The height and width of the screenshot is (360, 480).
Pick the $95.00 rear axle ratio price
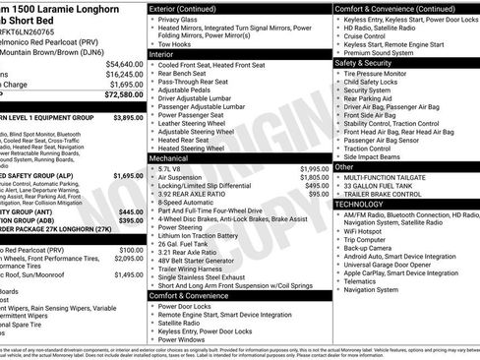[319, 194]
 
